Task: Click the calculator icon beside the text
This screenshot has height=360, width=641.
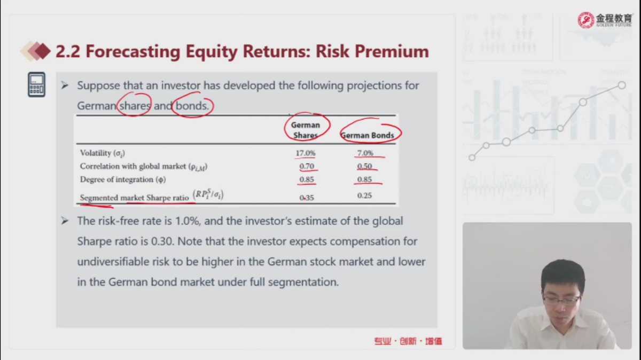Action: (37, 84)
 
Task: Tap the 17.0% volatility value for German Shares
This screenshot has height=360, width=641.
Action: (306, 153)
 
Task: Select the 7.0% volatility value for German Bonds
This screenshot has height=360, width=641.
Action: (365, 153)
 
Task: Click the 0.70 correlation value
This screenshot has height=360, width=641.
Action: (307, 166)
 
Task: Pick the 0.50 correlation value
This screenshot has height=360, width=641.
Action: (364, 166)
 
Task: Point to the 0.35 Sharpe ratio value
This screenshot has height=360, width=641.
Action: (307, 198)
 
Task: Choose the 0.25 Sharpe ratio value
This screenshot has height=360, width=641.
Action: (364, 195)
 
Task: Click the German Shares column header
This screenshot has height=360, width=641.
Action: (306, 130)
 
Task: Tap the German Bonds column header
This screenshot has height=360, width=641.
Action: (368, 135)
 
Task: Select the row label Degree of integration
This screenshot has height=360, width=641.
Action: (123, 179)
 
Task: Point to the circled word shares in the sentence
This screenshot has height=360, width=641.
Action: (135, 106)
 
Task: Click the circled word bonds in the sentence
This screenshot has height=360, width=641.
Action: (192, 106)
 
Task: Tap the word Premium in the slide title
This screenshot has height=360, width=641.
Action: (392, 51)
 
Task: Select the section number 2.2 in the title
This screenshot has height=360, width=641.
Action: (67, 51)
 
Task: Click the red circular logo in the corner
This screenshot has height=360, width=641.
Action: (585, 20)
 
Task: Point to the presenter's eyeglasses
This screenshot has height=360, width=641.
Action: (562, 300)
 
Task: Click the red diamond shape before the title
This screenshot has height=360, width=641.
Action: (42, 51)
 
